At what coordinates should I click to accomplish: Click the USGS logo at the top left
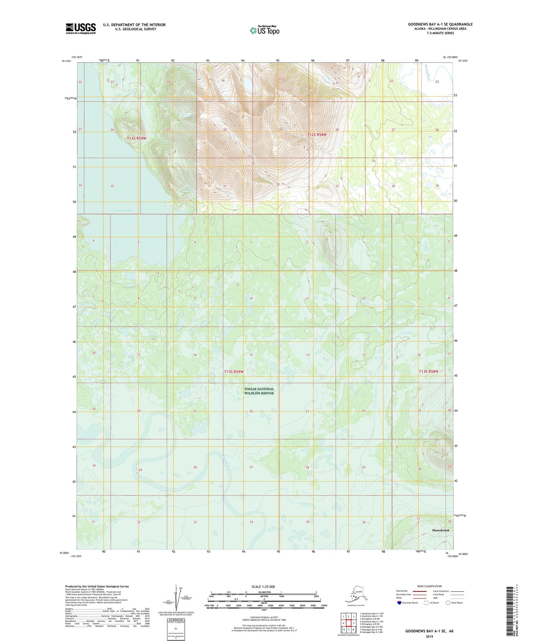click(80, 28)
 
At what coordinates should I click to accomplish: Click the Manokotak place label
click(441, 530)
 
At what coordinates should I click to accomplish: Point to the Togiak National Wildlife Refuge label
click(259, 391)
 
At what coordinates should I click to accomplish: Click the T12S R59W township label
click(136, 138)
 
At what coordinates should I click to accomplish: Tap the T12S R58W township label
click(317, 135)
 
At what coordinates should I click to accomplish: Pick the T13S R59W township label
click(234, 372)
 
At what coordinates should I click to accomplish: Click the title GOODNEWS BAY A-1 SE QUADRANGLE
click(440, 24)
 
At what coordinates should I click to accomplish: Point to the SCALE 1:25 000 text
click(263, 586)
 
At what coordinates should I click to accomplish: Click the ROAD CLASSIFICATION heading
click(429, 586)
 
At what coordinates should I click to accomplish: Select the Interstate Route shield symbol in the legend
click(399, 603)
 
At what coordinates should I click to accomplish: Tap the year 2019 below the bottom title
click(429, 636)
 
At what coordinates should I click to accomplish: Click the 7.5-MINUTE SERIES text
click(440, 33)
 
